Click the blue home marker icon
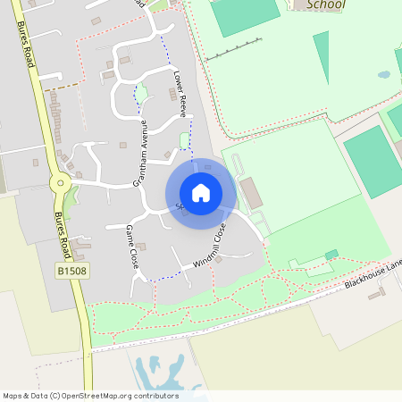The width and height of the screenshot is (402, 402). click(201, 193)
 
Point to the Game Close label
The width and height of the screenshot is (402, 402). click(130, 247)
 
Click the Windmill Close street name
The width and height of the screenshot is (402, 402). click(211, 247)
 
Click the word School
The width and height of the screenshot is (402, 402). click(324, 4)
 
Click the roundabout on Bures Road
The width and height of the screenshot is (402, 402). click(60, 185)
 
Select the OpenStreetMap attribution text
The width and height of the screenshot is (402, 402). click(90, 395)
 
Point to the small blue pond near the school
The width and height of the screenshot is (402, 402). click(384, 75)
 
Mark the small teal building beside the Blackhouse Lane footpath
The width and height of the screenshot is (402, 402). click(331, 255)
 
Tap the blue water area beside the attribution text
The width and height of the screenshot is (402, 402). click(161, 372)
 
